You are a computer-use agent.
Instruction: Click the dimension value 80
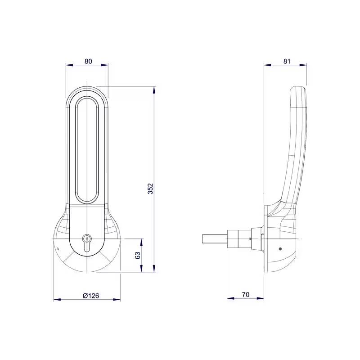(87, 61)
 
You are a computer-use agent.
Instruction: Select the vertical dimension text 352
(150, 189)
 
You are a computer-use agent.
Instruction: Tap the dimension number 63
(138, 255)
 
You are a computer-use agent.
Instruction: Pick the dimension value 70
(246, 295)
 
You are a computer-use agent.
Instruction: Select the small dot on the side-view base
(280, 248)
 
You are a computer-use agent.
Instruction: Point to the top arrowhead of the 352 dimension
(154, 89)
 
